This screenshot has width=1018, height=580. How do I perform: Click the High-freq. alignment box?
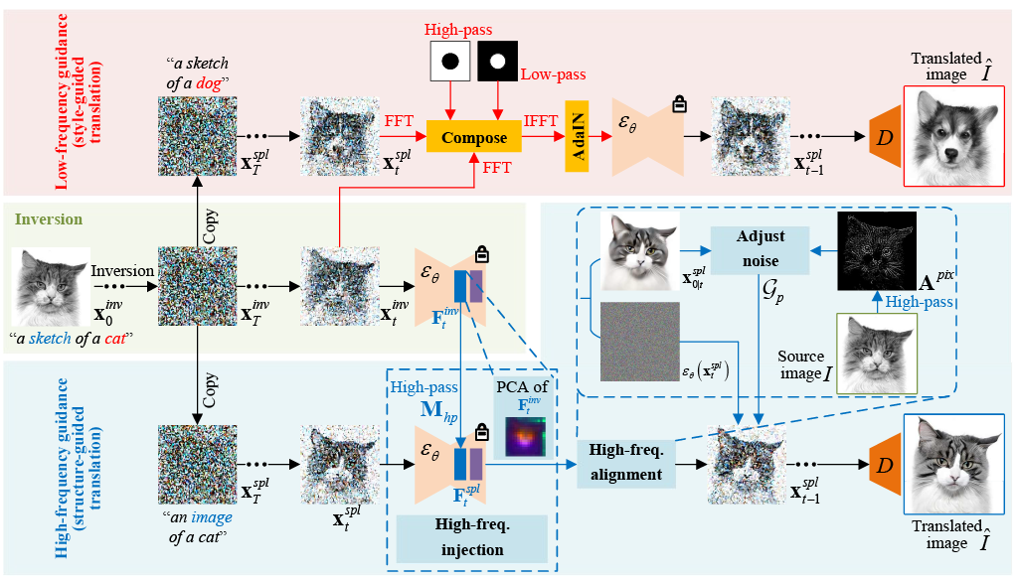pos(625,463)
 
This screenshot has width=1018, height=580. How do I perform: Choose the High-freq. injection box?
pos(471,537)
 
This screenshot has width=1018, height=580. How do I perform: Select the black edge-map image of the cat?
pos(875,251)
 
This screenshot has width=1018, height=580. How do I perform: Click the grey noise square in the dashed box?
pos(640,341)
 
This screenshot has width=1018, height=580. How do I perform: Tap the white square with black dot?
pos(449,62)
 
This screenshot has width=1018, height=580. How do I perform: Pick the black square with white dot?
pos(498,62)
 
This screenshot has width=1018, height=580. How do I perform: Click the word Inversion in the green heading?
pos(49,217)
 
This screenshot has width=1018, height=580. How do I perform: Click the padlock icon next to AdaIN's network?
pos(680,102)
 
